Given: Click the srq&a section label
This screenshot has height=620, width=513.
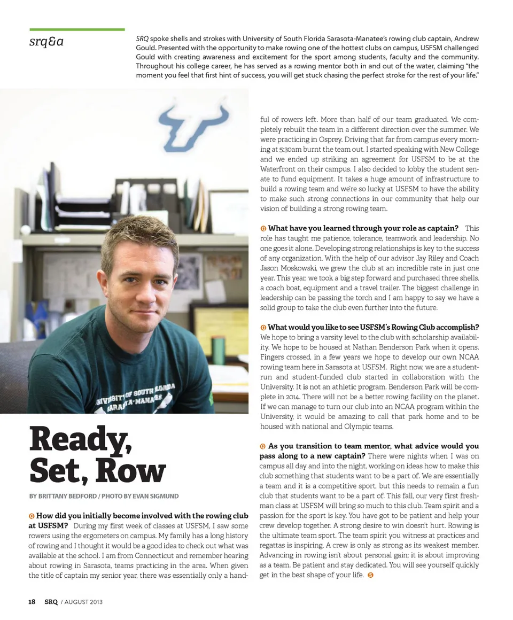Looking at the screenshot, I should pos(46,41).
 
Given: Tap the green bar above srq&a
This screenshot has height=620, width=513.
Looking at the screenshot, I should pos(77,29).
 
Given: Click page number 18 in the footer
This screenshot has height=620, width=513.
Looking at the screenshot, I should pos(32,601).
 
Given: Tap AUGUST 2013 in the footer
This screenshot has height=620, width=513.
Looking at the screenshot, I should pos(82,602).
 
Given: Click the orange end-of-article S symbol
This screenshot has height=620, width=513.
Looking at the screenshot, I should pos(371,575).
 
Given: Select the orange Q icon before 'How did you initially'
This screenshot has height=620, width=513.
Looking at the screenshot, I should pos(32,516).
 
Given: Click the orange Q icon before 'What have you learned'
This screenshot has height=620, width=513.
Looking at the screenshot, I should pos(263,229).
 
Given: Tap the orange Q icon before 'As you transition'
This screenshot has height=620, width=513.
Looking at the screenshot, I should pos(263,446).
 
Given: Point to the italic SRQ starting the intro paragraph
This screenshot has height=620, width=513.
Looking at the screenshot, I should pos(142,39).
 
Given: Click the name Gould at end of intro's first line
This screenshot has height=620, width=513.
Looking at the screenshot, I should pos(468,39).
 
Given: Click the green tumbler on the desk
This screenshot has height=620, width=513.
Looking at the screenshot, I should pos(218,350).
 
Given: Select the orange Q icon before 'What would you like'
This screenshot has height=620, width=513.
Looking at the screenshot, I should pos(263,327).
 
